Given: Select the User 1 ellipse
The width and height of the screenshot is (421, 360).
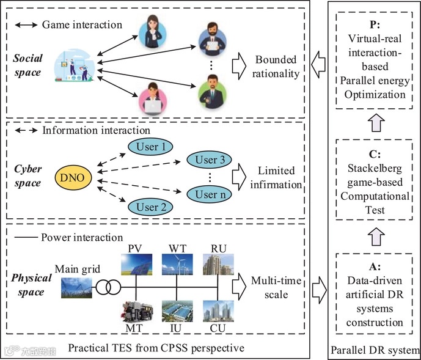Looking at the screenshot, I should click(150, 147).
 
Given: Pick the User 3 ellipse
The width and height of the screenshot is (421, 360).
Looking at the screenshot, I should click(210, 161).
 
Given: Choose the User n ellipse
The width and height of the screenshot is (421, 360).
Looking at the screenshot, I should click(210, 195).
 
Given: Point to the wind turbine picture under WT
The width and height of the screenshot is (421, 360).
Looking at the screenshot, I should click(177, 265).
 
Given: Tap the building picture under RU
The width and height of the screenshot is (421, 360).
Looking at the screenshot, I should click(218, 265).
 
